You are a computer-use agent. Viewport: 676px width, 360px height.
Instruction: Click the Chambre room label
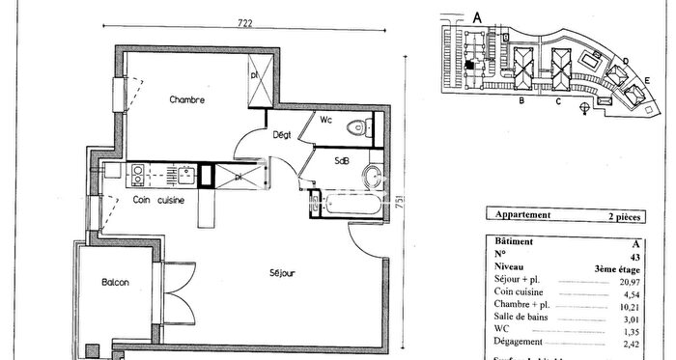tap(186, 99)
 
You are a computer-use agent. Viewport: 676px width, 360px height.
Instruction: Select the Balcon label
tap(115, 282)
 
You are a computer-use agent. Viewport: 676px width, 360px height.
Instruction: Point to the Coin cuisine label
tap(157, 200)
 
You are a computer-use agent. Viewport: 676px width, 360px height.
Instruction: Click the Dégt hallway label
tap(281, 134)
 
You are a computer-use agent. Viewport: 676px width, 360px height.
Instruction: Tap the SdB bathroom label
tap(342, 159)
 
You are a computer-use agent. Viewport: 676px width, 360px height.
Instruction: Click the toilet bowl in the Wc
tap(362, 125)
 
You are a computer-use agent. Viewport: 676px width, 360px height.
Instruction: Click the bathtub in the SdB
tap(352, 205)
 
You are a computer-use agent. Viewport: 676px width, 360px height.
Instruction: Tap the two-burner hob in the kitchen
tap(137, 175)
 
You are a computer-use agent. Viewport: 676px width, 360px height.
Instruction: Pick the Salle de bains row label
tap(521, 316)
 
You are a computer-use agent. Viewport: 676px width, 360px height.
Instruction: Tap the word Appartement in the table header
tap(522, 215)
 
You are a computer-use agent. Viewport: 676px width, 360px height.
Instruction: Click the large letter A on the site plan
tap(476, 16)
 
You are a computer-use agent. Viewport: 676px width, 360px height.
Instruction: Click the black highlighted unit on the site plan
tap(469, 65)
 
